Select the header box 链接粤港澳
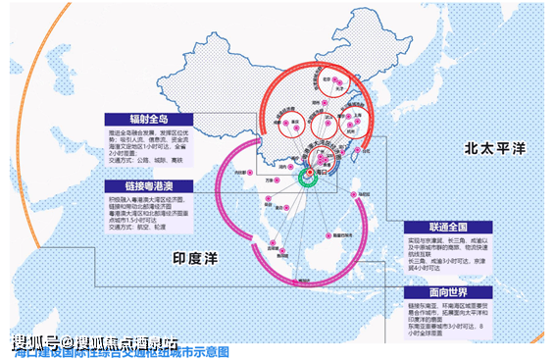coord(149,185)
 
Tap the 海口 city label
coord(319,169)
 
